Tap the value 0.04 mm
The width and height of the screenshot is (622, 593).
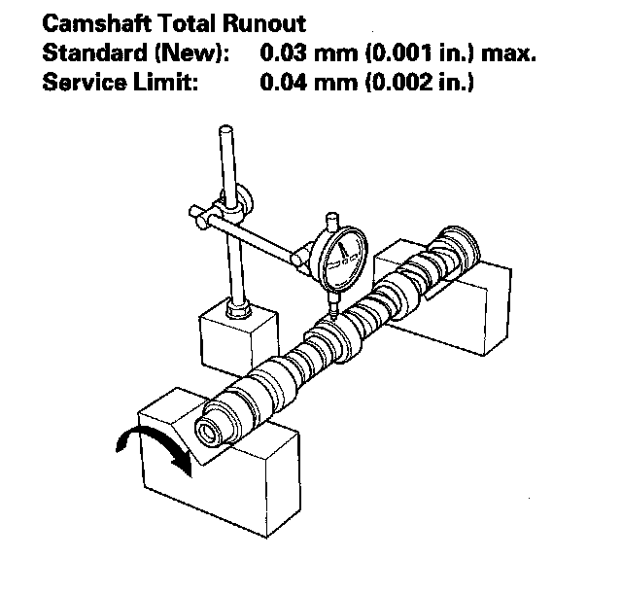point(303,83)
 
